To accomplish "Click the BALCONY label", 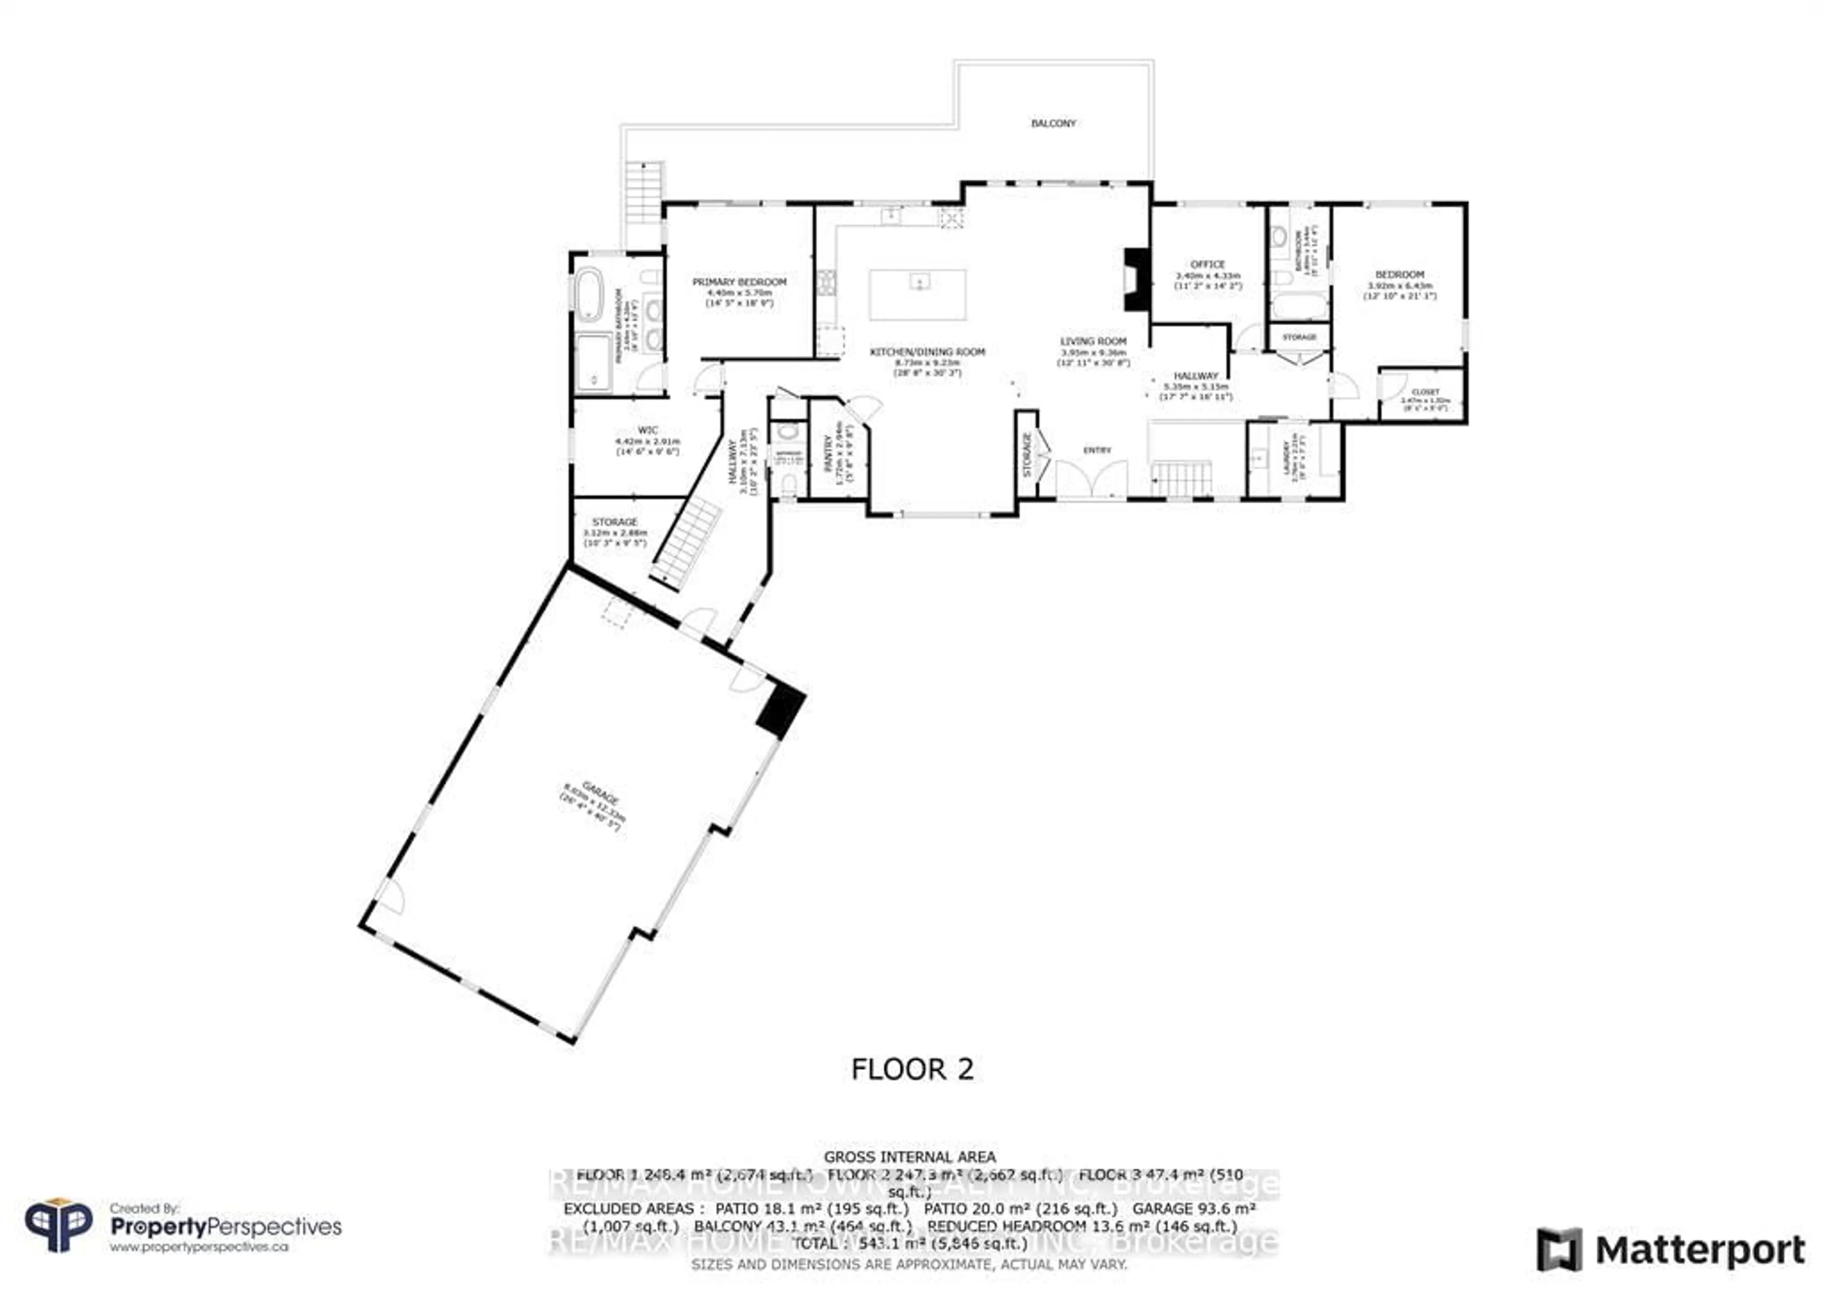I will [x=1053, y=123].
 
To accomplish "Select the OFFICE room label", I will [x=1207, y=264].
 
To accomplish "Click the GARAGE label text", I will [x=600, y=795].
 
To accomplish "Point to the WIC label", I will [x=648, y=430].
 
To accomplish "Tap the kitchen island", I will [x=918, y=294].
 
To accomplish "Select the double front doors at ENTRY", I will [x=1091, y=479].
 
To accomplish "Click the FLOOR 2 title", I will [x=912, y=1069].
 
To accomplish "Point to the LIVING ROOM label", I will [x=1093, y=341].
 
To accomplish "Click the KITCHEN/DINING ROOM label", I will [x=927, y=351].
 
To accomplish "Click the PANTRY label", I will [x=828, y=453].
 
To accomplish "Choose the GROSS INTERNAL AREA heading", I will [x=909, y=1157].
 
